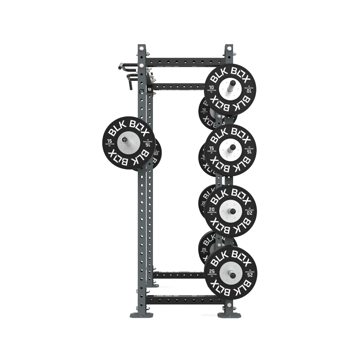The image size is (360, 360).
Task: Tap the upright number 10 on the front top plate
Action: tap(211, 87)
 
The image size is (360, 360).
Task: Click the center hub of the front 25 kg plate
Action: tap(231, 273)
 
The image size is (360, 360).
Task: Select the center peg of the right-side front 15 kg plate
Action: tap(230, 150)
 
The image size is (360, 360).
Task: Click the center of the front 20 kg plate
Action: tap(230, 211)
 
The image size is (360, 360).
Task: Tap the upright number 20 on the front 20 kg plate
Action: tap(212, 209)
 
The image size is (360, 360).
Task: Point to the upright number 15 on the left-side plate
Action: tap(109, 141)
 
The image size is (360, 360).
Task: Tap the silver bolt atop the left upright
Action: tap(141, 48)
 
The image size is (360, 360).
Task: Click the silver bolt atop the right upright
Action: tap(229, 48)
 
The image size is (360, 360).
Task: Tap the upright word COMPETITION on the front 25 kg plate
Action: tap(212, 275)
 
